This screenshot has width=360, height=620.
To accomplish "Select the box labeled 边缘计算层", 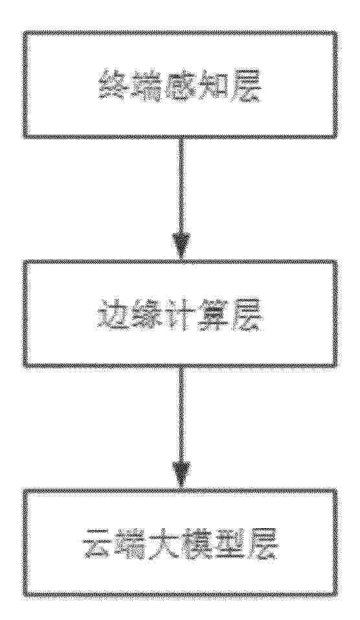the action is click(x=180, y=313).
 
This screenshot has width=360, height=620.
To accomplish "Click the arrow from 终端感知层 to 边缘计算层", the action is click(x=181, y=198).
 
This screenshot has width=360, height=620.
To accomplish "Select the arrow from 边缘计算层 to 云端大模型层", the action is click(x=181, y=428).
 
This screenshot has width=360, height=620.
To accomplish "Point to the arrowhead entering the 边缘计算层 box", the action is click(x=181, y=247).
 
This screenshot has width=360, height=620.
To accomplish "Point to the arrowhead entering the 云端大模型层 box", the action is click(x=181, y=477).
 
